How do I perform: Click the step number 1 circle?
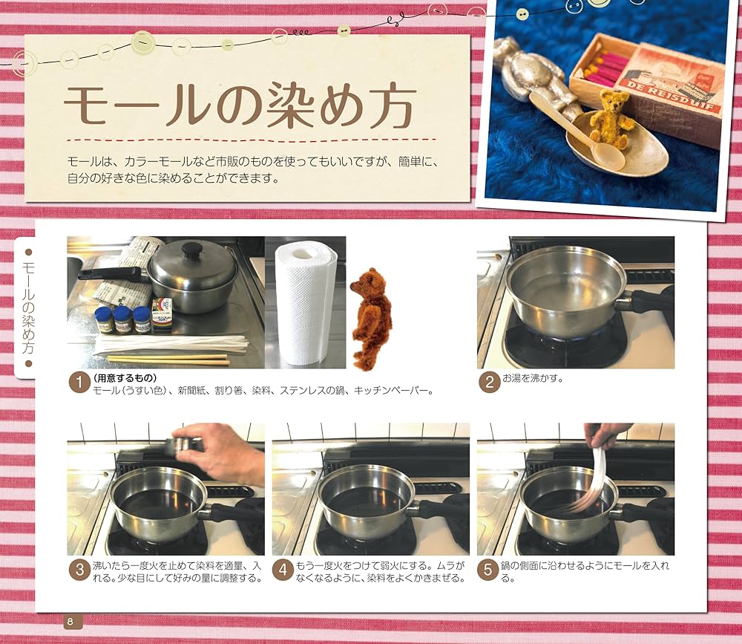point(79,384)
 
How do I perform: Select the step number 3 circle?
point(79,570)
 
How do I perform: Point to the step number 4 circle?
point(283,570)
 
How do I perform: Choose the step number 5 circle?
point(487,570)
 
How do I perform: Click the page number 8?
point(70,621)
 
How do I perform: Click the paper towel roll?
point(306,303)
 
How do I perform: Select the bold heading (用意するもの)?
point(122,377)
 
